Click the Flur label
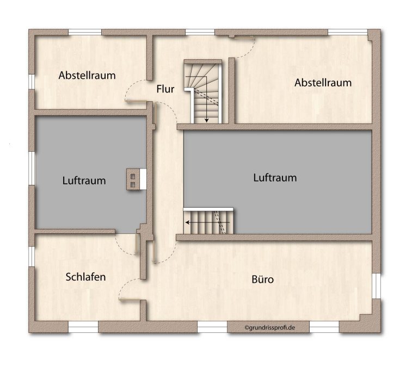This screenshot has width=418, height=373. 165,89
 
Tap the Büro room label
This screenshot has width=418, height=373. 262,279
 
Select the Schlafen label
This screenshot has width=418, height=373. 85,277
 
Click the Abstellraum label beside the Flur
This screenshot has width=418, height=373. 87,76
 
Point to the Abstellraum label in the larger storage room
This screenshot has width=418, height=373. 323,83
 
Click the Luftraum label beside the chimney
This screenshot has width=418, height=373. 84,181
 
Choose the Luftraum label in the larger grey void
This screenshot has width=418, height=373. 275,178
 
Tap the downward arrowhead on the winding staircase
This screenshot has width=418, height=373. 206,121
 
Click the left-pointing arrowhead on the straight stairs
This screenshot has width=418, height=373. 187,222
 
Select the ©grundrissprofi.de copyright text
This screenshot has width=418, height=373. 269,327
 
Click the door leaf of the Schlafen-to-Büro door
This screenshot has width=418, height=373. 130,300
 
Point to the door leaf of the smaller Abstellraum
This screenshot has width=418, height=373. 136,101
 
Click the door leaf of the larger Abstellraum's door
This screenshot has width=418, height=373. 244,38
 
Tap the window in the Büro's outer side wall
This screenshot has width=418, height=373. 376,285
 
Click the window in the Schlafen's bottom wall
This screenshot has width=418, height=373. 83,327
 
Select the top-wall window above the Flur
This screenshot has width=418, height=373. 200,32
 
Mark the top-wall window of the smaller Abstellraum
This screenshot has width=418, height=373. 85,32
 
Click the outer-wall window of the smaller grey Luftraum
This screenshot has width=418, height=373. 32,168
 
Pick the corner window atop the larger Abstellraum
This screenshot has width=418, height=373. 348,32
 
